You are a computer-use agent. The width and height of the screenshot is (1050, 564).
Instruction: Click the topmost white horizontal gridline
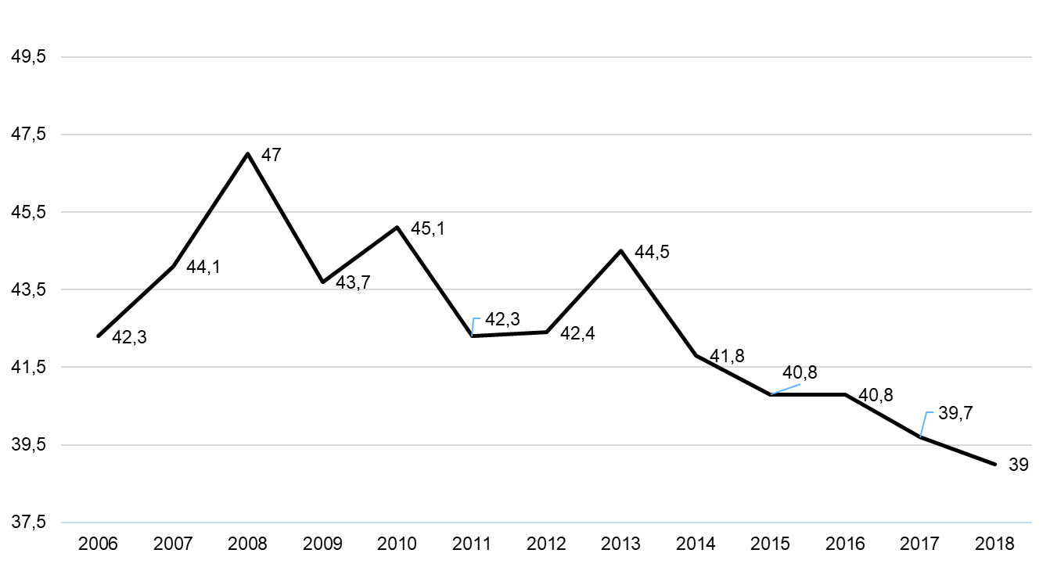point(548,57)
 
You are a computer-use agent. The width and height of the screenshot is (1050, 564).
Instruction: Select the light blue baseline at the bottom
point(548,522)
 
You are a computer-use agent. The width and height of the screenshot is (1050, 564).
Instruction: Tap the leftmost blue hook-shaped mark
point(474,326)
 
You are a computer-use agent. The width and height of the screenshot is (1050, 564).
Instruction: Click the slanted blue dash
point(786,389)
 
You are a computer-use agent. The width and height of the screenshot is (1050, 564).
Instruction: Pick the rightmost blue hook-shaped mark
point(925,423)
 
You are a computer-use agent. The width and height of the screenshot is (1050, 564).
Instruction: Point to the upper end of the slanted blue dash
point(800,384)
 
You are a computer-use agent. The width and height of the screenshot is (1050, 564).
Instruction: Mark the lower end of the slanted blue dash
point(772,393)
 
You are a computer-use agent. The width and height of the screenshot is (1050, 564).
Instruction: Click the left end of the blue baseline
point(63,522)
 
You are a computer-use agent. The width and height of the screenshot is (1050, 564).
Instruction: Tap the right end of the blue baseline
point(1031,522)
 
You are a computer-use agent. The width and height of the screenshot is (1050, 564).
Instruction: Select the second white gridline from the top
point(548,135)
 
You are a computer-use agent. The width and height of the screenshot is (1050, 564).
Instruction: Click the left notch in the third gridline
point(210,211)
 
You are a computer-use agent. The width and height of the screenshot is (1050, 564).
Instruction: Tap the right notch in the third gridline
point(281,211)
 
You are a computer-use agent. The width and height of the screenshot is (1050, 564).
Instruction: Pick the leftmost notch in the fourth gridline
point(149,289)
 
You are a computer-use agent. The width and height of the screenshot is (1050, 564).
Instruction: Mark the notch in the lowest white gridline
point(942,444)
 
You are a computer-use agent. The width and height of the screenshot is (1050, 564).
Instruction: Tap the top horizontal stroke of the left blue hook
point(476,318)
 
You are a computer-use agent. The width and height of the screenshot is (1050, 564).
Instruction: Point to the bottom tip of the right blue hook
point(921,436)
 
